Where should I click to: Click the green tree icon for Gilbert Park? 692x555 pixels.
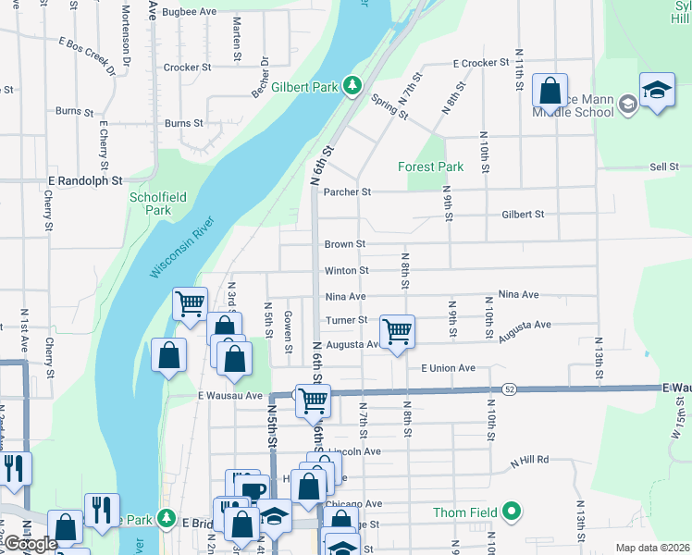point(352,87)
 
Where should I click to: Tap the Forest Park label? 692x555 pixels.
point(430,167)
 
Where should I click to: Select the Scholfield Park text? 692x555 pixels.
point(151,203)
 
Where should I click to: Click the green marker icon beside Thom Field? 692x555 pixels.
point(512,512)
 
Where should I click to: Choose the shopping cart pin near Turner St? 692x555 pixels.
point(397,331)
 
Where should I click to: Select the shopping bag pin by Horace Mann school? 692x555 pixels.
point(550,92)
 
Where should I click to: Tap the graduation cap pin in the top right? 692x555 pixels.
point(657,90)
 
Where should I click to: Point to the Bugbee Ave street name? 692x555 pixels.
point(189,12)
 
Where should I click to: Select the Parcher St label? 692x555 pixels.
point(347,192)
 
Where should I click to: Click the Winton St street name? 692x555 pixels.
point(346,271)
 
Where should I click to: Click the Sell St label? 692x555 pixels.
point(664,167)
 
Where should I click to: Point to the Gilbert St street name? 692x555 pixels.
point(523,215)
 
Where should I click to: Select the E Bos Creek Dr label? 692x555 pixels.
point(89,55)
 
